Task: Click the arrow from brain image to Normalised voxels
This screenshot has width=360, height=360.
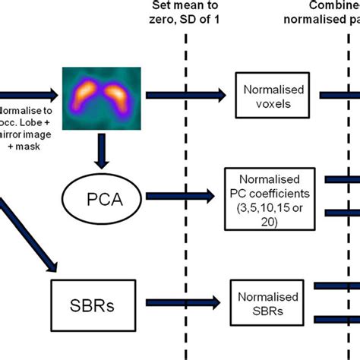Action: coord(186,94)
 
